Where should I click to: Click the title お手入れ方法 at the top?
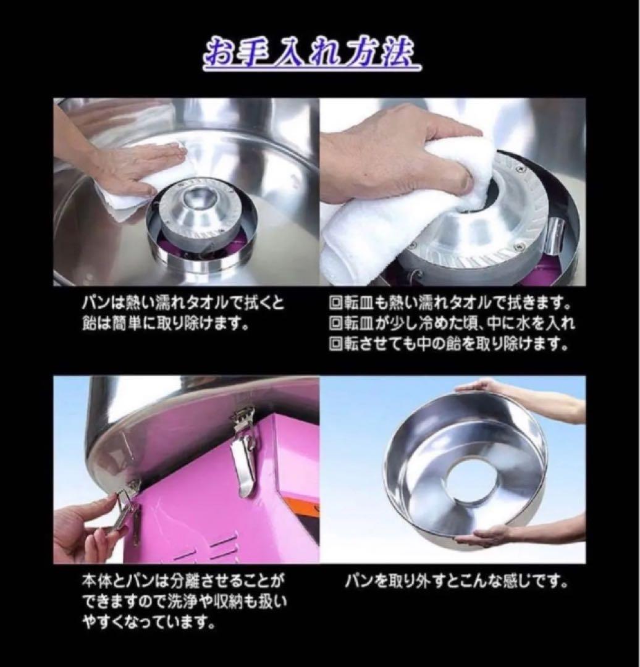coord(311,56)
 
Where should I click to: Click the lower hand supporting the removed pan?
coord(494,535)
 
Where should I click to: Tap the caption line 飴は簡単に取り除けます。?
coord(167,324)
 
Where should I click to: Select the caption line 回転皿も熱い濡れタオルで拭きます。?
coord(449,304)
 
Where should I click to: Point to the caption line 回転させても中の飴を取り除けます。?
coord(449,345)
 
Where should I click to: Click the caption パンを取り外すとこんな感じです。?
coord(456,581)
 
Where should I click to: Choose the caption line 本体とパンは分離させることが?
coord(183,581)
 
